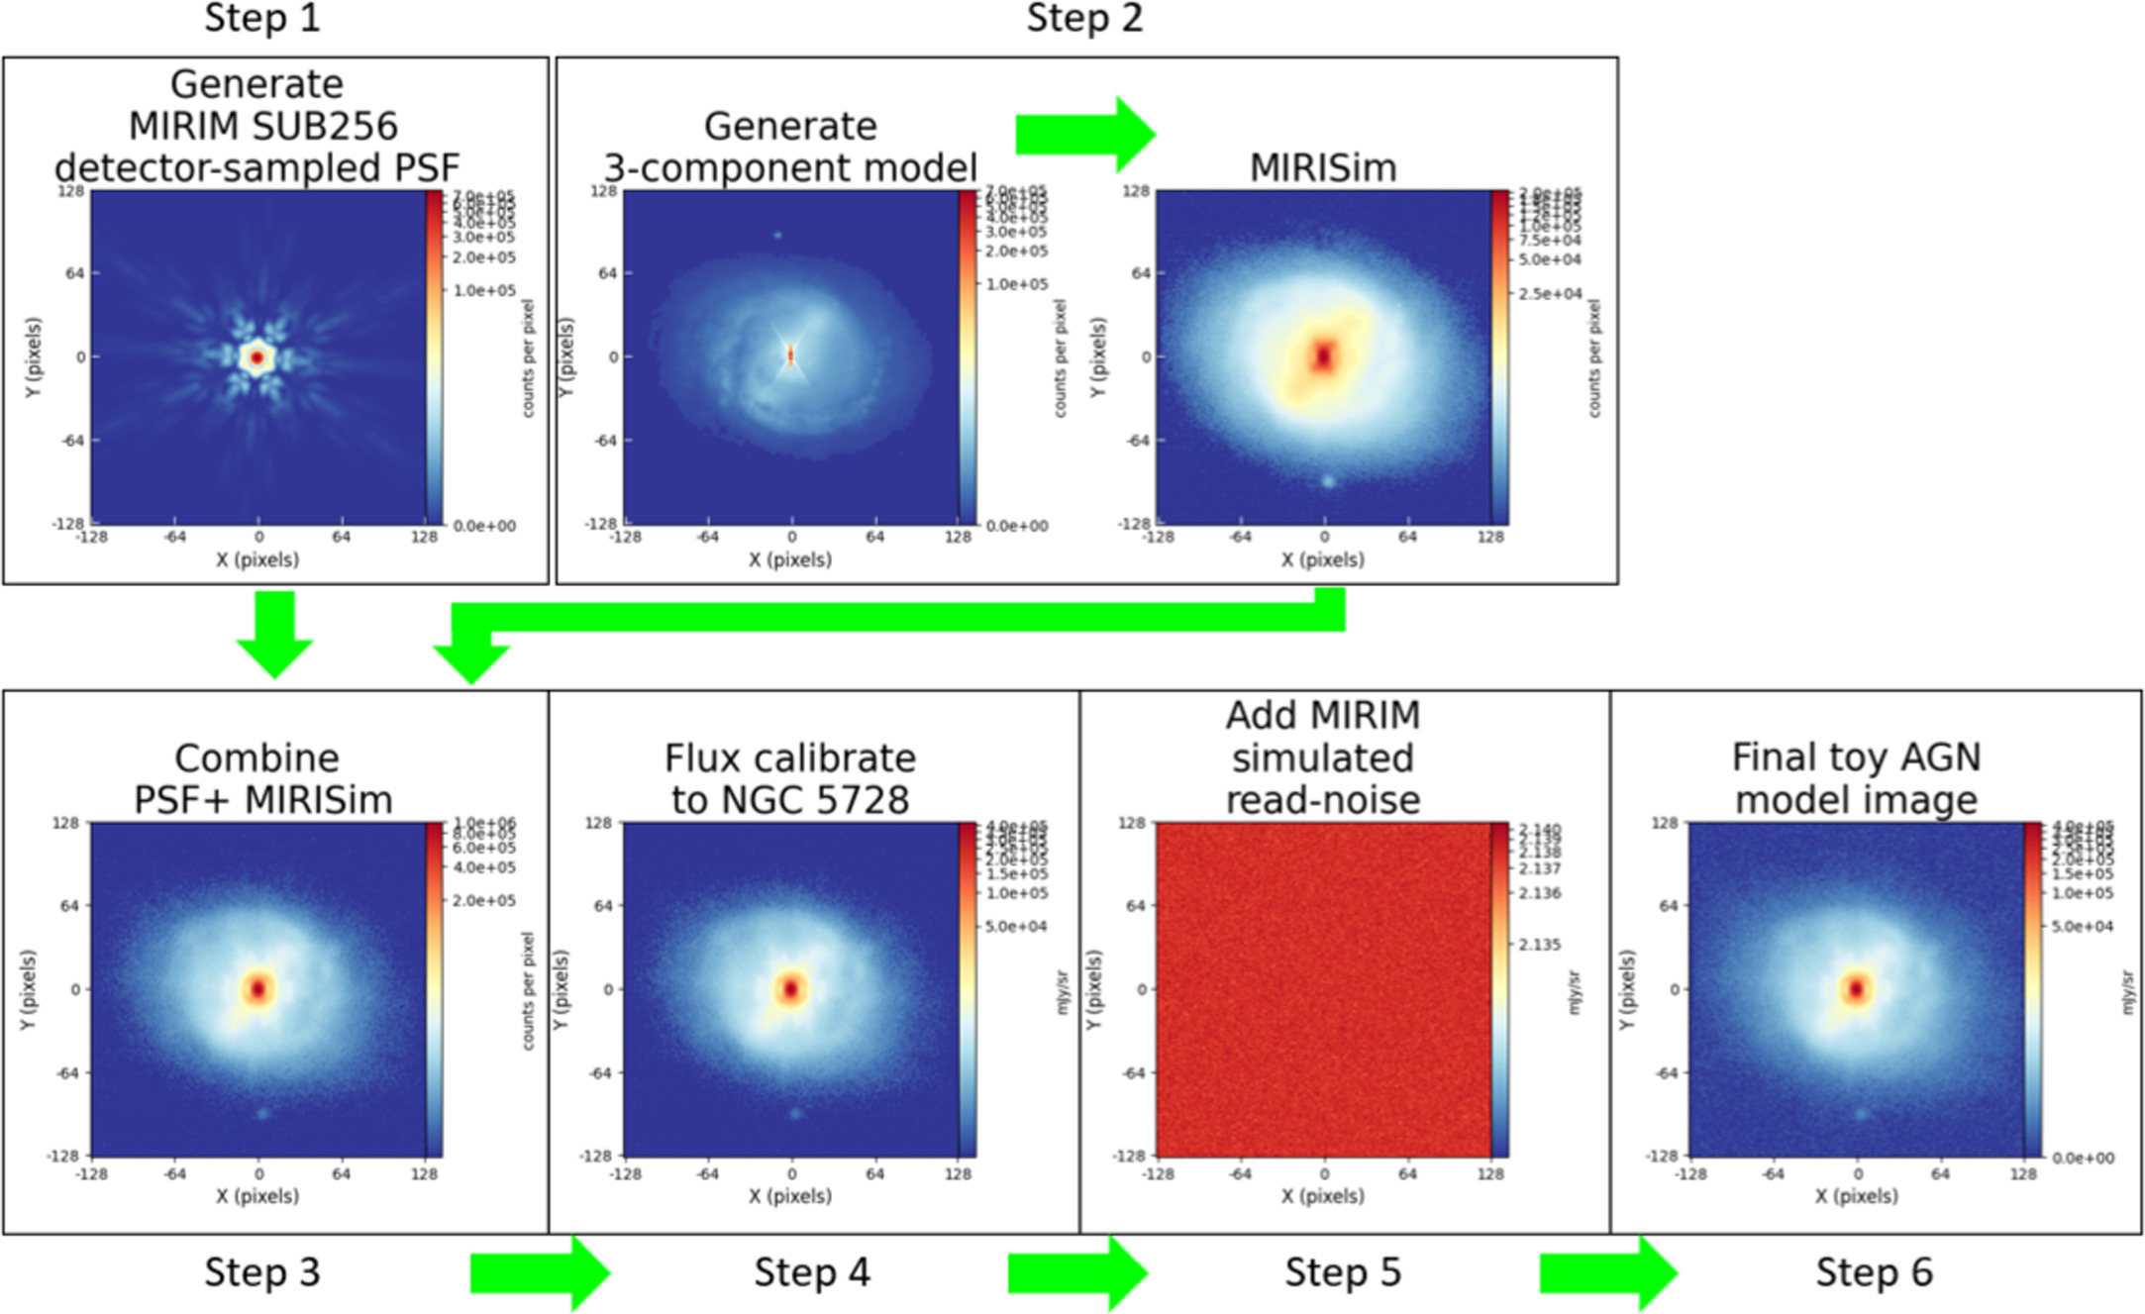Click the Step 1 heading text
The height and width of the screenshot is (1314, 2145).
click(x=262, y=18)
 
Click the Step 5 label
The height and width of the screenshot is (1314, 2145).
click(x=1343, y=1272)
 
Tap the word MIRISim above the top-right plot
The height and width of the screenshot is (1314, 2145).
click(x=1323, y=167)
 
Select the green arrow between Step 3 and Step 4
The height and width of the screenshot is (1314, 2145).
click(x=540, y=1272)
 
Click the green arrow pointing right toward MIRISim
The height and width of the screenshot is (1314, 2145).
click(x=1085, y=134)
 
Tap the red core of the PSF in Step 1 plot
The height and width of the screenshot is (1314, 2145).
click(x=257, y=357)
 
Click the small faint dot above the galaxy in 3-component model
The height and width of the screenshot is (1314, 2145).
click(x=777, y=236)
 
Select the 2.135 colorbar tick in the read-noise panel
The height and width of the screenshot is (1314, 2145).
click(x=1540, y=945)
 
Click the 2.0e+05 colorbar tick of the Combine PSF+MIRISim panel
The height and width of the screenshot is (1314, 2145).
click(x=484, y=900)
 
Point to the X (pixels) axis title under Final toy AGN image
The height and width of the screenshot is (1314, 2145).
click(x=1856, y=1196)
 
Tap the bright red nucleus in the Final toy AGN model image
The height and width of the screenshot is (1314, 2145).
click(x=1856, y=988)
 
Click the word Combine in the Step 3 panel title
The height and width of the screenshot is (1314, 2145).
click(x=256, y=758)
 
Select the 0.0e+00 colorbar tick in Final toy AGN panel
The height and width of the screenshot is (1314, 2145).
click(x=2082, y=1158)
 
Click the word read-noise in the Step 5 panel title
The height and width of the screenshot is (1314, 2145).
click(x=1323, y=800)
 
